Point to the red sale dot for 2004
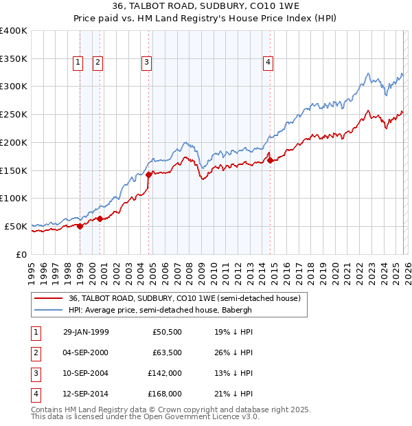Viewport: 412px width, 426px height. pos(148,175)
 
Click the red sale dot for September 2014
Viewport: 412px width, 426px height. pos(270,160)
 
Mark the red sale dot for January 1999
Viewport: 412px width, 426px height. pos(80,226)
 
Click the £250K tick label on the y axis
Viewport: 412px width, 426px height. pos(14,114)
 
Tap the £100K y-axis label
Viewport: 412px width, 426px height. pos(14,198)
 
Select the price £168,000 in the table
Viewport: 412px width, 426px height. pos(165,394)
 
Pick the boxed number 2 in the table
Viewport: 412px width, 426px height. pos(34,353)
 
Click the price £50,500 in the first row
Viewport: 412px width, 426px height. pos(167,333)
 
